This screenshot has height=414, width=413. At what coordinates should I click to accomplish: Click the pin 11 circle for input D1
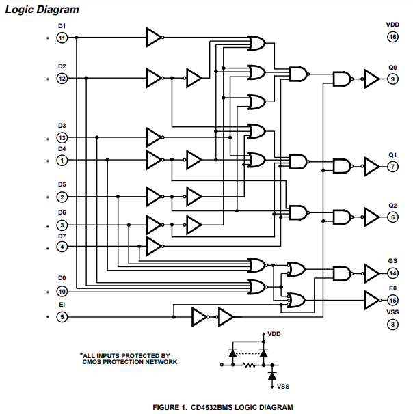(62, 38)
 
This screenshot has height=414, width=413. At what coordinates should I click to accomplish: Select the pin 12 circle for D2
(62, 79)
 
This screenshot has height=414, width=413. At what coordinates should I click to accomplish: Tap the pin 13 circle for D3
(62, 138)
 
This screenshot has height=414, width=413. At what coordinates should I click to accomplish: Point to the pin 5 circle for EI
(62, 316)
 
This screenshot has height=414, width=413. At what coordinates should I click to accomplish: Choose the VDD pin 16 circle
(392, 37)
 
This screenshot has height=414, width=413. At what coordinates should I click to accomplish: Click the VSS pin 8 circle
(392, 324)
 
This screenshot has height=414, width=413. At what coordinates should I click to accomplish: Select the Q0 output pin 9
(392, 79)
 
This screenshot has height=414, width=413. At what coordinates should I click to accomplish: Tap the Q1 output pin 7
(392, 166)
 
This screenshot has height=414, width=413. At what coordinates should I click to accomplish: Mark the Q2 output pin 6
(392, 217)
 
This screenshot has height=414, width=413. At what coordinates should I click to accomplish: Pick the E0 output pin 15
(392, 300)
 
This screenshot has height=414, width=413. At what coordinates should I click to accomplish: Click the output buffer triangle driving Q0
(371, 79)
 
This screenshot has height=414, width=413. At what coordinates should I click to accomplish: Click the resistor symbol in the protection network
(249, 365)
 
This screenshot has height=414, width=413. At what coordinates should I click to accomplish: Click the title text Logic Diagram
(42, 10)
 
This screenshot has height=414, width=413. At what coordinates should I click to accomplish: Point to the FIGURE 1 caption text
(223, 407)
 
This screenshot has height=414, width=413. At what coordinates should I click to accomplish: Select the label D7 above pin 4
(62, 236)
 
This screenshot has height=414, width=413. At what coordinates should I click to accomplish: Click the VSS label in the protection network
(283, 387)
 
